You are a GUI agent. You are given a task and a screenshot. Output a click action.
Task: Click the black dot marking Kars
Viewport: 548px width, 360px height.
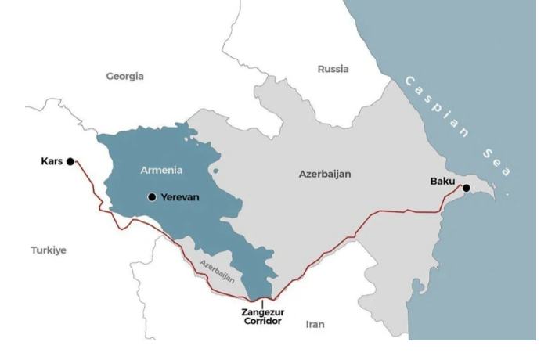70,161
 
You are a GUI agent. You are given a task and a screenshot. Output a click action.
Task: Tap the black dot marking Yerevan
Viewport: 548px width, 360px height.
152,197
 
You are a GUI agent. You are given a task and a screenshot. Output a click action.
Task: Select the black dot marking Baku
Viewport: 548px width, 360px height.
466,188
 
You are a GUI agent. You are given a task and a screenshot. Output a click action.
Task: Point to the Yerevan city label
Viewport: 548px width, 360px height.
180,197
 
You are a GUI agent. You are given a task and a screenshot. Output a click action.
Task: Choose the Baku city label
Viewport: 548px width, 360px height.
442,182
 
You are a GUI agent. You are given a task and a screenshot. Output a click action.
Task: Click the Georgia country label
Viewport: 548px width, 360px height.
125,76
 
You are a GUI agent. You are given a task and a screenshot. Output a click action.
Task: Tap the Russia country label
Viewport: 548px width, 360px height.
333,69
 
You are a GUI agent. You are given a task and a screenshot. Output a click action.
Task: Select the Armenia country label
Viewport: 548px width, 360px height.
161,170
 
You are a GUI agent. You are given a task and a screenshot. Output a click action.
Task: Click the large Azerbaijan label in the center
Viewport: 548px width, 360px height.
325,174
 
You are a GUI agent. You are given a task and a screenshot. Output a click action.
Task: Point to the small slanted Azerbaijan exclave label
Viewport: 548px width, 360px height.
218,270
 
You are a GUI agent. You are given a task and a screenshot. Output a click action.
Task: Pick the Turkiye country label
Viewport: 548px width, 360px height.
49,250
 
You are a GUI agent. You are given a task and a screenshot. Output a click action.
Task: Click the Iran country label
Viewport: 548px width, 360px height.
315,324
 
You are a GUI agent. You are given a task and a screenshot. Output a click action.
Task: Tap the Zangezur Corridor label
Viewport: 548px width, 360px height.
262,317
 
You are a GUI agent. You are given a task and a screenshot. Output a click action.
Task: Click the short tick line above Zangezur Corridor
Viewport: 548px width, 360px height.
262,302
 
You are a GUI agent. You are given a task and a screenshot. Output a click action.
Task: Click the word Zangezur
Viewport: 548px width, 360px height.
262,312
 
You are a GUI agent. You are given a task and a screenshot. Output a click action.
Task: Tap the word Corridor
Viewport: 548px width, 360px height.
262,322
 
